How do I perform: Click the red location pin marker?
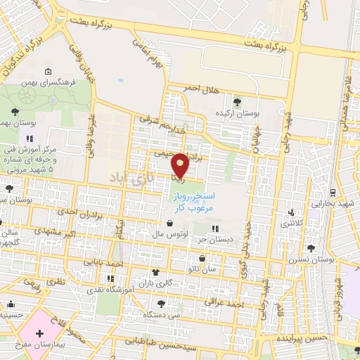181,165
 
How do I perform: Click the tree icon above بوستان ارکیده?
236,102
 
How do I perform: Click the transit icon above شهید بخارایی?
332,192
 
